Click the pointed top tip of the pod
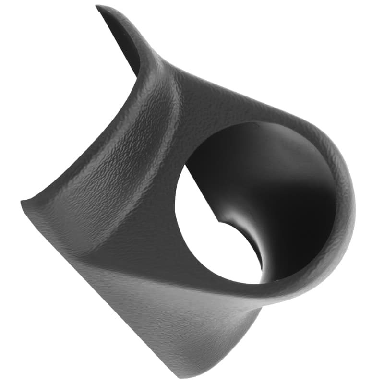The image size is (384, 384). pos(98,7)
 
